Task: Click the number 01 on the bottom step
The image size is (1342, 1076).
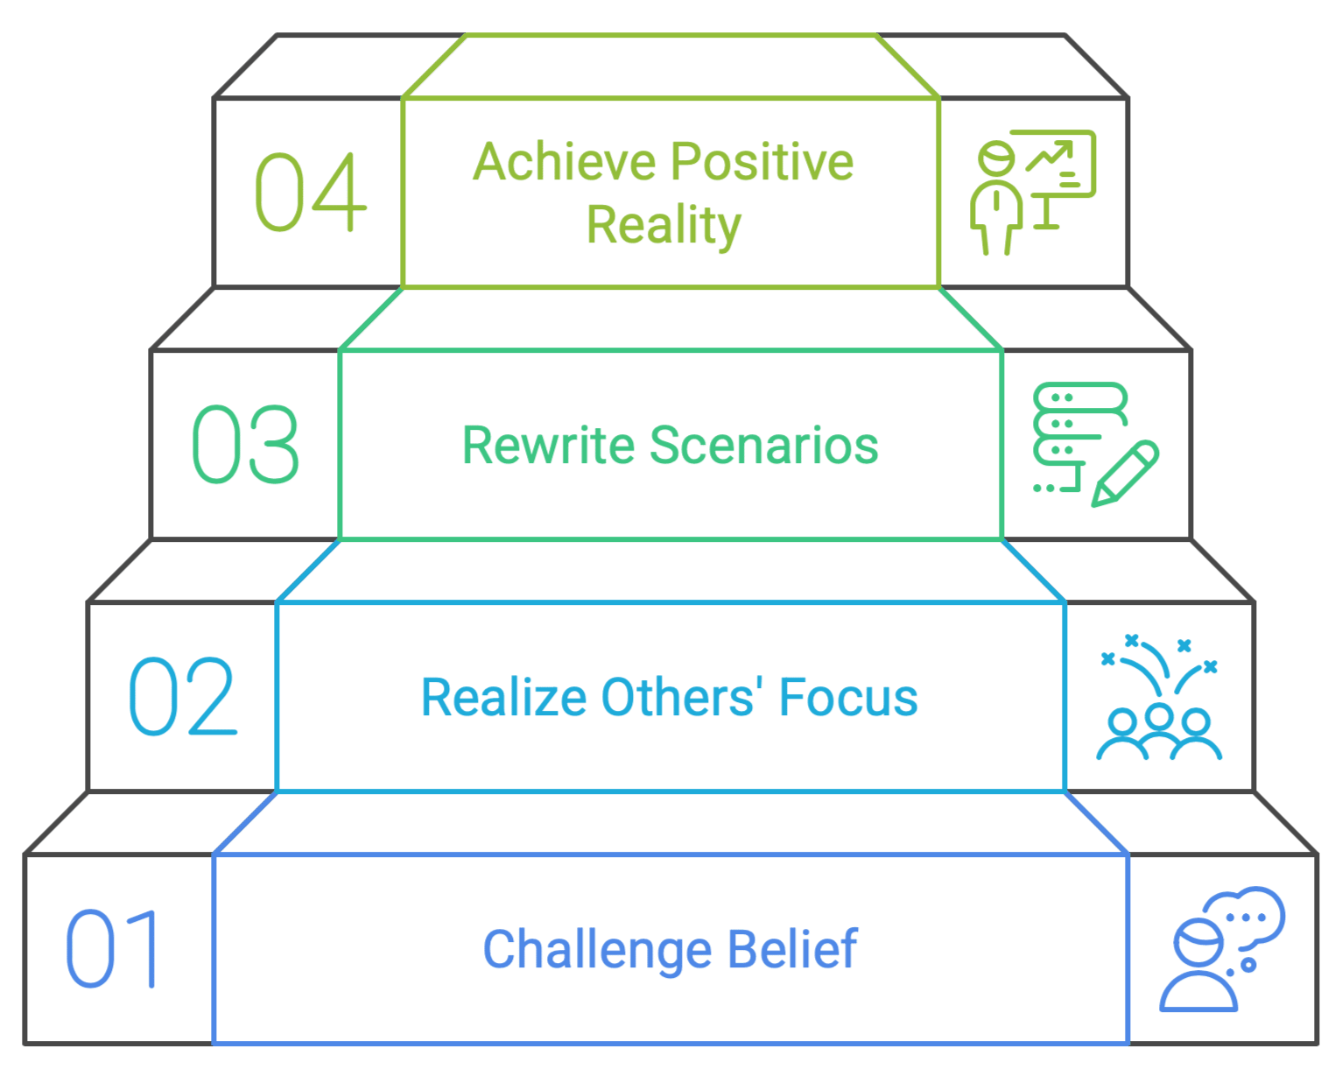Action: click(x=111, y=948)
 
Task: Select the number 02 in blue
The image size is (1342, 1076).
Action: click(x=183, y=696)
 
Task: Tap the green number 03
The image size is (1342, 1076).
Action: click(x=245, y=444)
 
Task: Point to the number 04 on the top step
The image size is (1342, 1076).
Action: click(x=311, y=192)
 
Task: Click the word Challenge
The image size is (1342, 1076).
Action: click(x=597, y=949)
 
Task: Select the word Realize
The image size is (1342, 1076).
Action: click(x=504, y=697)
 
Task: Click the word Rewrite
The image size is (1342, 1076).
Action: click(x=549, y=445)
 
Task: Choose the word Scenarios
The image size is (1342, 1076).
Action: click(x=764, y=445)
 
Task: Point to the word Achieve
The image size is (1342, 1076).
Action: click(x=565, y=161)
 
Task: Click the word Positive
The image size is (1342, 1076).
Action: click(x=762, y=161)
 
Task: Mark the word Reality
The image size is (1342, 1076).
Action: click(x=664, y=226)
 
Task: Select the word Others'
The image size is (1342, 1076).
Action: click(x=683, y=697)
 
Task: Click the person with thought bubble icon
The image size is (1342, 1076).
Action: click(x=1222, y=949)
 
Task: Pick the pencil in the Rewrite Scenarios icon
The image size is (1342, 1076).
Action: click(x=1125, y=474)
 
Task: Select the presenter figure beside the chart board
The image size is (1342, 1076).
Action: click(x=996, y=199)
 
